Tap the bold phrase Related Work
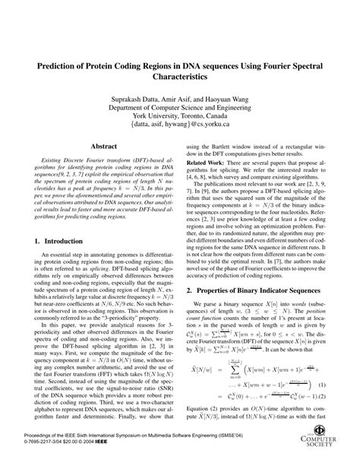(209, 163)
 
